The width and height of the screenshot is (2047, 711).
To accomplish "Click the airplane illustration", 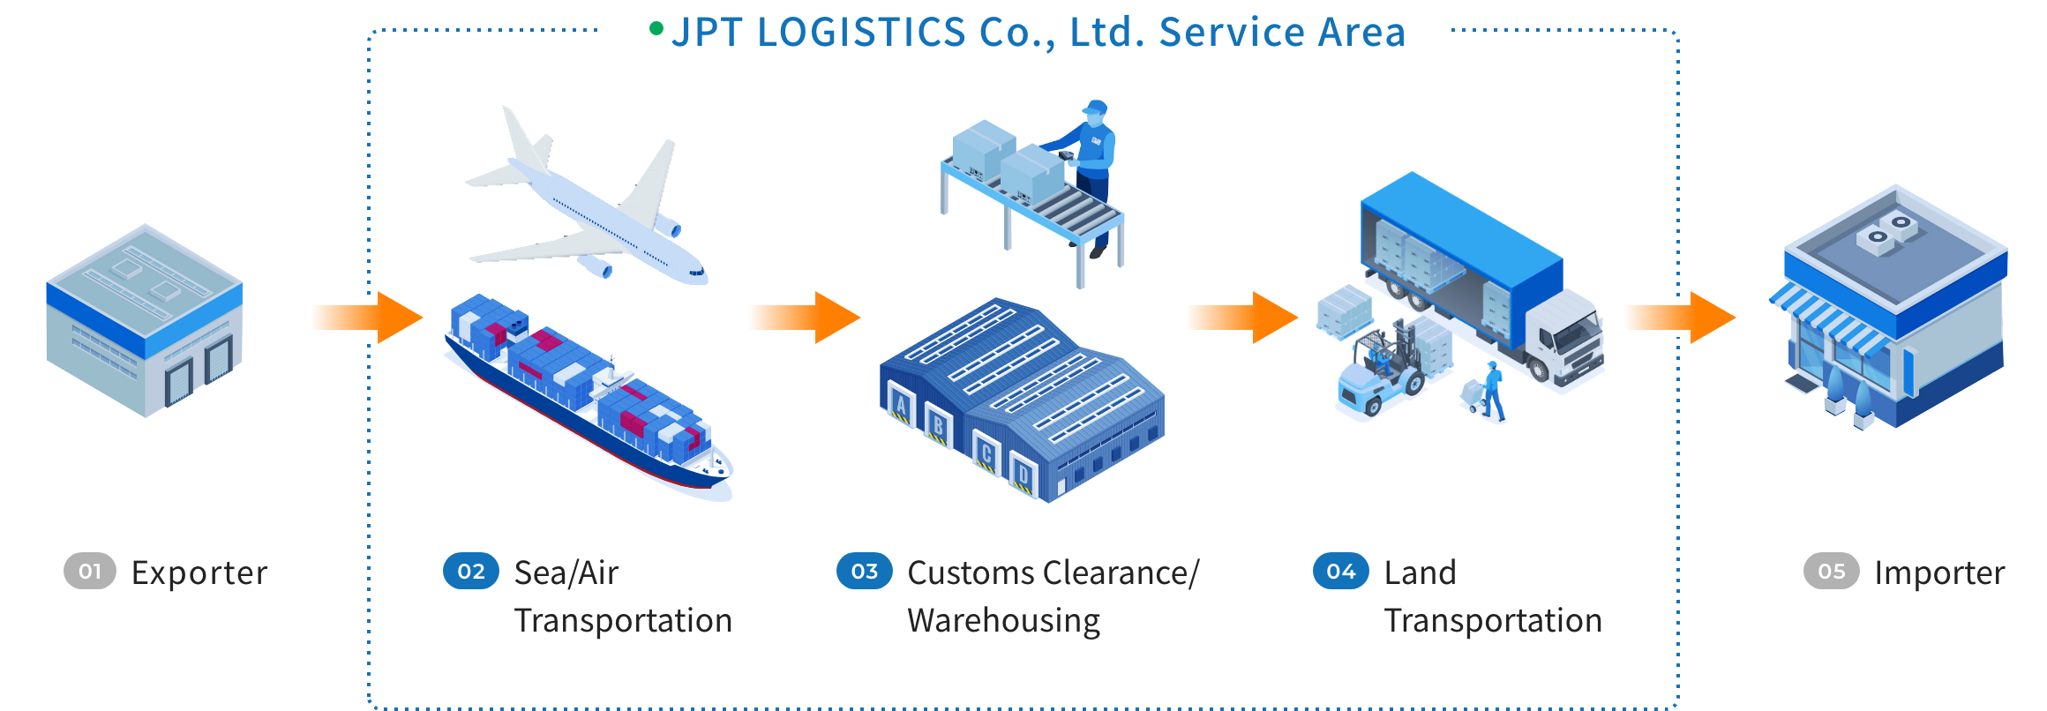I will [x=587, y=207].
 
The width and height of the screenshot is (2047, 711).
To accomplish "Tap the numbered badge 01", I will [x=90, y=572].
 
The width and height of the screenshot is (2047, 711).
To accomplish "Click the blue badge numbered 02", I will [x=471, y=572].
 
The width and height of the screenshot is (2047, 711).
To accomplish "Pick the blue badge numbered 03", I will [x=865, y=572].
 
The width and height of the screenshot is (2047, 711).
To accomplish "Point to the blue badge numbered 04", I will [x=1341, y=572].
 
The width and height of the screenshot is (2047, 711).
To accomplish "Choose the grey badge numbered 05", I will [x=1832, y=572].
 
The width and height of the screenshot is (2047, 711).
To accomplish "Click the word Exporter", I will [x=199, y=573].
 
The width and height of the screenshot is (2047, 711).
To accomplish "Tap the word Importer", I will [x=1939, y=573].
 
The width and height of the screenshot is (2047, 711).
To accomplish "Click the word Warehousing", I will [x=1004, y=621].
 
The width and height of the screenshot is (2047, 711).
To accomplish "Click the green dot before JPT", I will [x=656, y=29].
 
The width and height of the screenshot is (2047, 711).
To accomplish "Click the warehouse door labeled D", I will [x=1023, y=476].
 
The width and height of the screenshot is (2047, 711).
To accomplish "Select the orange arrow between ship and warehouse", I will [x=803, y=318].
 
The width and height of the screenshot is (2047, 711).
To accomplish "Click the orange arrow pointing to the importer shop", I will [x=1681, y=318].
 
